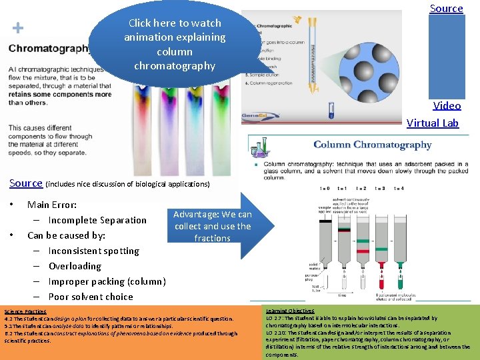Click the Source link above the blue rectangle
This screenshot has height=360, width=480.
(446, 9)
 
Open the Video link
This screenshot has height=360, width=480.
(447, 105)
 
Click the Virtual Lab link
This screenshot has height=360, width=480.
(433, 123)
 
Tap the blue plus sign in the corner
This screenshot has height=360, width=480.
(18, 28)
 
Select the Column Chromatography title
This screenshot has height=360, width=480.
(373, 145)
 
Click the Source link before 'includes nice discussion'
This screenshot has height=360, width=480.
(26, 183)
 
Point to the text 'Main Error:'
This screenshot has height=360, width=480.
(52, 205)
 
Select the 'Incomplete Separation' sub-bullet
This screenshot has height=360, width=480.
(97, 220)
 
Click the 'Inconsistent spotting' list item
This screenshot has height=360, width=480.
(94, 251)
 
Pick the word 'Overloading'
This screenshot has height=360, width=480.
(75, 266)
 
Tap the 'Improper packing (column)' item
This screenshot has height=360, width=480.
(107, 281)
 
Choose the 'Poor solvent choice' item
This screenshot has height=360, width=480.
(91, 297)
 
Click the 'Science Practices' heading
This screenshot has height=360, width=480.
(25, 311)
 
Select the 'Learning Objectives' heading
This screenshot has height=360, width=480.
(290, 311)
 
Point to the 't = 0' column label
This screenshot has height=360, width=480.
(325, 189)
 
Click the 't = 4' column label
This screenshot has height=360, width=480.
(399, 189)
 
